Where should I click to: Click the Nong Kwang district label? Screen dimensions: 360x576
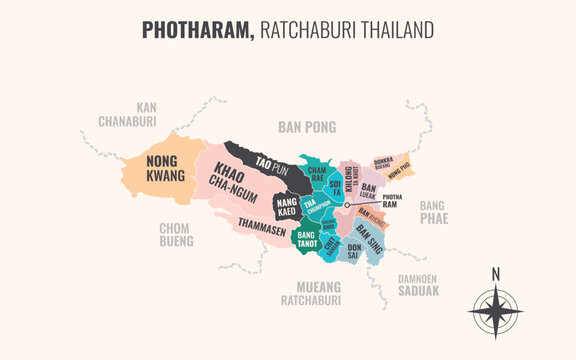[165, 168]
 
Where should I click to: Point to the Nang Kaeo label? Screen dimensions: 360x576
[285, 206]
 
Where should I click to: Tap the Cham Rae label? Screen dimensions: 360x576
[316, 175]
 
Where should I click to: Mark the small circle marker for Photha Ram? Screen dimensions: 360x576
[346, 206]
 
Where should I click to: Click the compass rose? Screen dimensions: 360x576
[495, 312]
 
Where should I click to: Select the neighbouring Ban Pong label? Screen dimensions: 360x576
[306, 126]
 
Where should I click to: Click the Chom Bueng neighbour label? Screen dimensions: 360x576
[175, 234]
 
